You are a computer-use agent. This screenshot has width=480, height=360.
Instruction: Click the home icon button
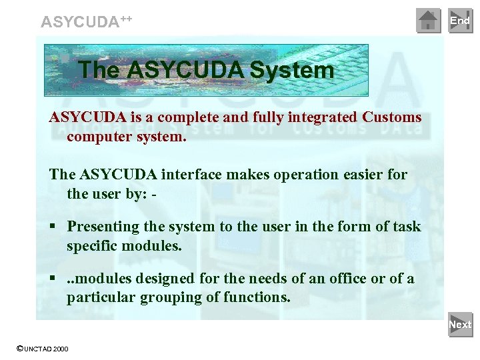point(428,21)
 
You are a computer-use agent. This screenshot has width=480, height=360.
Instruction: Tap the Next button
point(460,325)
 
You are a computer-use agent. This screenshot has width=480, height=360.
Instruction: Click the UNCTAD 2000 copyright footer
point(42,349)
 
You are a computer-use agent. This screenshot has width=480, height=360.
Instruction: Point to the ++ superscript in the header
point(126,17)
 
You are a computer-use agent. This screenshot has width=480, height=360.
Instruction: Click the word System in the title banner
point(292,70)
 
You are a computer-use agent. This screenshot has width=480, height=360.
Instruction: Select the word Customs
point(392,117)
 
